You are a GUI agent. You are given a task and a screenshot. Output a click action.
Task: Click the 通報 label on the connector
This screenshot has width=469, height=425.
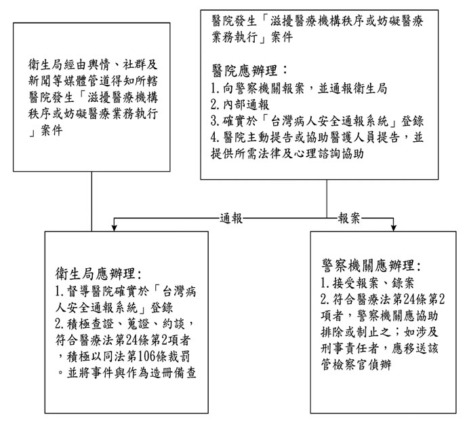tap(231, 218)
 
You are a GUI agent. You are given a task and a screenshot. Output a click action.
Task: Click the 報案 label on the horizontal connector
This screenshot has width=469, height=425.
tap(349, 218)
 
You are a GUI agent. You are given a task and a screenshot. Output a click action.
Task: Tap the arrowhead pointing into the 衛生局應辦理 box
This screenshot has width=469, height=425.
tap(114, 228)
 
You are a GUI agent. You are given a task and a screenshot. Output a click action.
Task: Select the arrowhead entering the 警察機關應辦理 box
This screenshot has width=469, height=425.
tap(393, 228)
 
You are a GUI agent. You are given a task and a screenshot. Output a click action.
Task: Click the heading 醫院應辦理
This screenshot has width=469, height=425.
tap(244, 71)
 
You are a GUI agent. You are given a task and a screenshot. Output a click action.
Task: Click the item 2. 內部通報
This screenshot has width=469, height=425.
tap(240, 105)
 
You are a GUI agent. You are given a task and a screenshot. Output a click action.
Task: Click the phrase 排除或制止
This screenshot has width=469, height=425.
tap(356, 332)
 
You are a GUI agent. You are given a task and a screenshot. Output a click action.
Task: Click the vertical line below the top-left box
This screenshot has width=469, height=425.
tap(91, 202)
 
